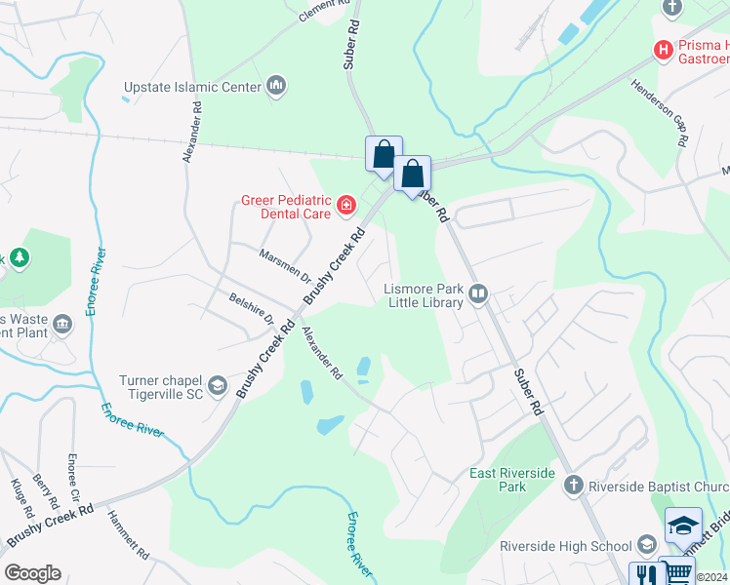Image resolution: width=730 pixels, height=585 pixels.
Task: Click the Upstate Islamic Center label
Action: pyautogui.click(x=192, y=87)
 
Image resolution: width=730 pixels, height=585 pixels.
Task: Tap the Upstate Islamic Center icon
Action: pyautogui.click(x=276, y=87)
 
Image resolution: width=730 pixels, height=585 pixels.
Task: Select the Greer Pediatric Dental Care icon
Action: pyautogui.click(x=345, y=204)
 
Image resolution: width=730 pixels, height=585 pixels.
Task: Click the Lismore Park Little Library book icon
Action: pyautogui.click(x=478, y=292)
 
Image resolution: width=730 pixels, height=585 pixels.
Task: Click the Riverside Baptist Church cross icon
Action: pyautogui.click(x=574, y=485)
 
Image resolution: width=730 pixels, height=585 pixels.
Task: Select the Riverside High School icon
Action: pyautogui.click(x=645, y=546)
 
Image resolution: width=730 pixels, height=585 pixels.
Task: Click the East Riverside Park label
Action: pyautogui.click(x=512, y=480)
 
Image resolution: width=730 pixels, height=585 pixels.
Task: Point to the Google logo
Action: pyautogui.click(x=32, y=573)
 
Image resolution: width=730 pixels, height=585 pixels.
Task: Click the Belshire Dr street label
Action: pyautogui.click(x=252, y=306)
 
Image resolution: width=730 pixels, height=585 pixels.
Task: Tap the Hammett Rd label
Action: pyautogui.click(x=128, y=535)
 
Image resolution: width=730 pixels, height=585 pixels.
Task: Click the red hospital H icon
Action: pyautogui.click(x=664, y=49)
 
